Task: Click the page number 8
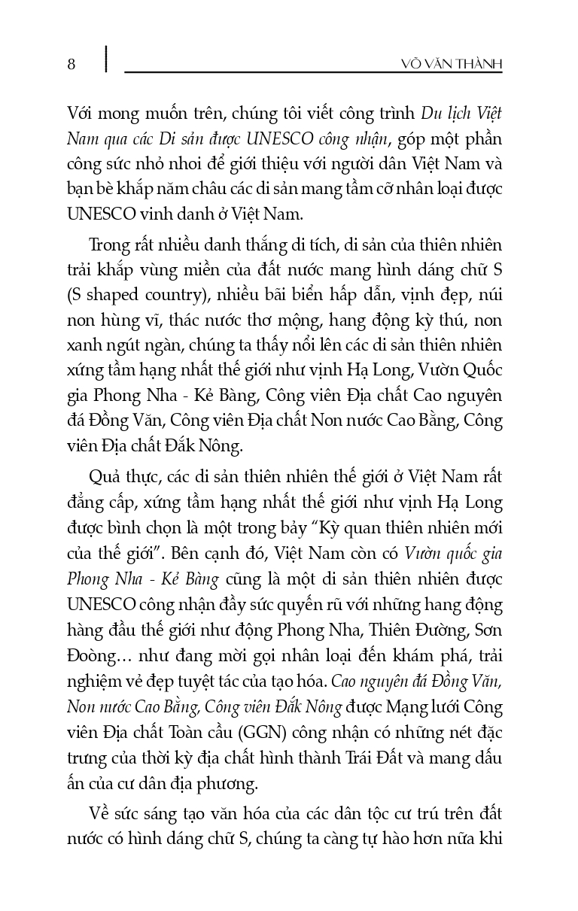(71, 63)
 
